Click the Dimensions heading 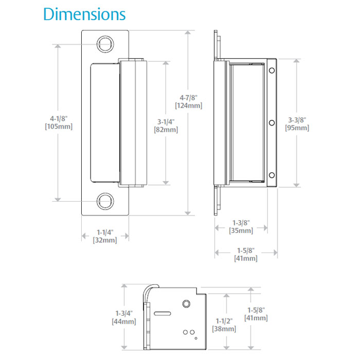point(84,14)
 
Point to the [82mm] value point(166,130)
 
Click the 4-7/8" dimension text point(188,97)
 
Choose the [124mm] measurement point(188,105)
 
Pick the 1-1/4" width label point(104,231)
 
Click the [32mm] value point(104,240)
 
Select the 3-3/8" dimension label point(297,119)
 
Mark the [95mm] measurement point(297,128)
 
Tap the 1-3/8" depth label point(240,223)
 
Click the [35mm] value point(240,231)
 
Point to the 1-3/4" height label point(124,313)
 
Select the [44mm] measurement point(124,321)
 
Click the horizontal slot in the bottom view point(163,312)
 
